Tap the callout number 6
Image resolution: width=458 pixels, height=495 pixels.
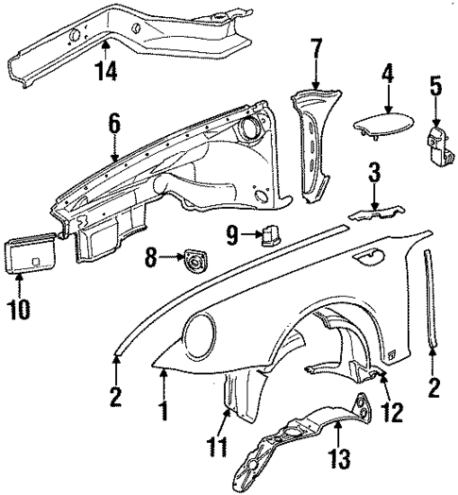point(114,123)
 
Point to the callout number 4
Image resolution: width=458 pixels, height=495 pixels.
point(386,72)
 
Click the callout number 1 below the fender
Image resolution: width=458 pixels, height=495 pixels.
point(163,412)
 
